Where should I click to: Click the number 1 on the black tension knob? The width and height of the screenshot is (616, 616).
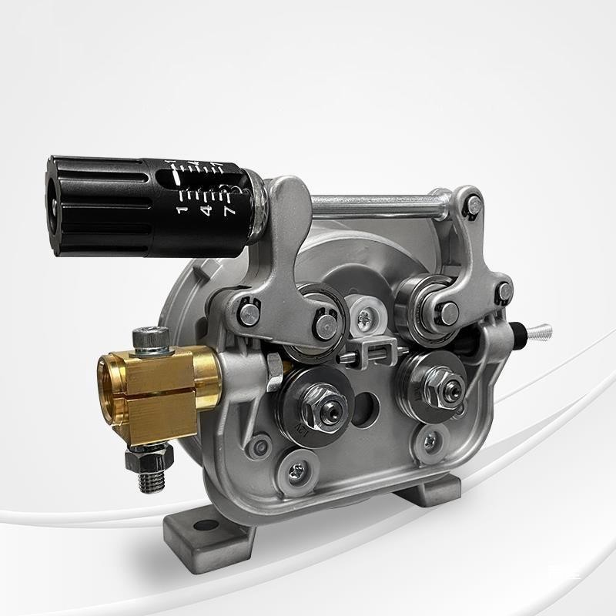click(182, 209)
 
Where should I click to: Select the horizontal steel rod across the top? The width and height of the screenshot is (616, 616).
click(385, 203)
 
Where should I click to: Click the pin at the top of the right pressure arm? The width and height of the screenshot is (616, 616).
click(476, 204)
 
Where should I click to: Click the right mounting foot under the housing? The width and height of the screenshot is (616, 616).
click(431, 490)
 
